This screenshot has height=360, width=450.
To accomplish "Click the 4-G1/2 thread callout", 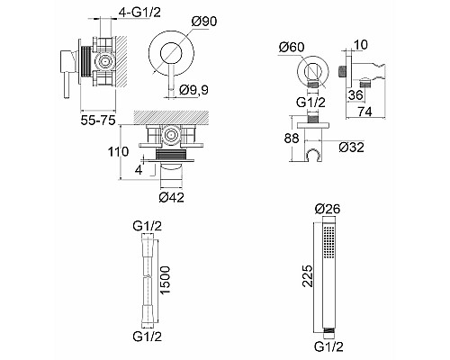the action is coord(140,13).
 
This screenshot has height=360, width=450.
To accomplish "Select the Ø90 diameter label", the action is coord(204,22).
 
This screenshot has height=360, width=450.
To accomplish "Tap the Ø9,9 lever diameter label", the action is coord(194,90).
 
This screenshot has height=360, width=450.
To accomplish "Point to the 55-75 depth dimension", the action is coord(98,121).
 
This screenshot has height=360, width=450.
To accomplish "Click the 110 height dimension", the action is coord(119,152).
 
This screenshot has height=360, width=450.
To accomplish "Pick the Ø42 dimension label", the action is coord(172,197).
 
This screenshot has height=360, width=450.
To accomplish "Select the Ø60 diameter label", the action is coord(292,47).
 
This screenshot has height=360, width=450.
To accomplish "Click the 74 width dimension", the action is coord(365,112).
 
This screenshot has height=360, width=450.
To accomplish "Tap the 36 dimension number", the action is coord(355,95).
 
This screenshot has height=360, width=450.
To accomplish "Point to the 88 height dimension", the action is coord(292,139).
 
